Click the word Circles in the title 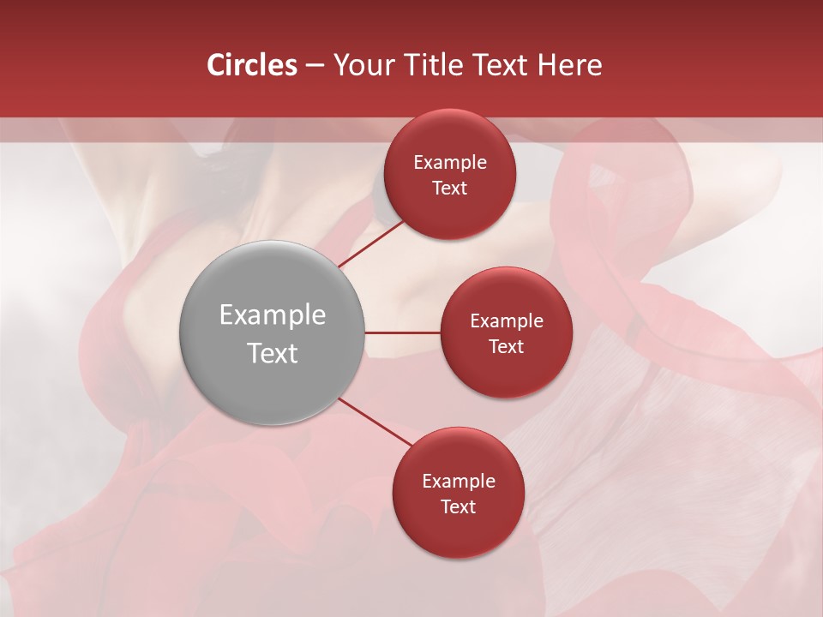252,65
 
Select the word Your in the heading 360,65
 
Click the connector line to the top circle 370,243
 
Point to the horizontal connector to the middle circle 402,332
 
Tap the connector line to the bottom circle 374,422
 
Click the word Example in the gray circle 273,315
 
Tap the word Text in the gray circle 273,353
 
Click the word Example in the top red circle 450,163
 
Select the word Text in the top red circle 450,189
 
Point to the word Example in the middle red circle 507,321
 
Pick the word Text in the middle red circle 507,347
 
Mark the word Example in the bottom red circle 459,482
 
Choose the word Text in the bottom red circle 459,507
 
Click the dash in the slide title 315,66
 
